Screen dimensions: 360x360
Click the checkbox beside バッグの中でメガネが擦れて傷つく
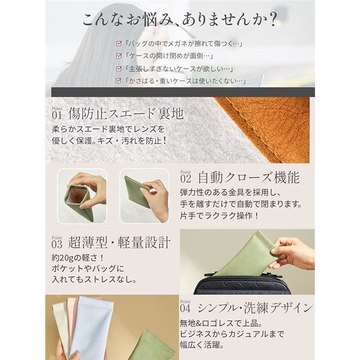[x=118, y=43]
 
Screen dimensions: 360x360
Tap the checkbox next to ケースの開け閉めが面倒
[x=118, y=56]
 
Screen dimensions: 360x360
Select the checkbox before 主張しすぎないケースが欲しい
[x=118, y=68]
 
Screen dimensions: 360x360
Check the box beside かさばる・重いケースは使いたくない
[x=118, y=81]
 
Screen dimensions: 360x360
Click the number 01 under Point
[x=57, y=115]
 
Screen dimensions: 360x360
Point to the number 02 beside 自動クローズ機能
[x=185, y=179]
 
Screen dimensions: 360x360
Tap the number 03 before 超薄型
[x=57, y=244]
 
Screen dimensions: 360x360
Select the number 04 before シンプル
[x=185, y=308]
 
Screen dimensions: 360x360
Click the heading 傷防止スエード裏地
[x=126, y=113]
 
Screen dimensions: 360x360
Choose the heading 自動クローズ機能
[x=249, y=177]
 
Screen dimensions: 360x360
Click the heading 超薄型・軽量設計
[x=119, y=242]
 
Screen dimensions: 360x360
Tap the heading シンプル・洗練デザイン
[x=255, y=307]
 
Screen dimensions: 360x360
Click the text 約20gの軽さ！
[x=78, y=258]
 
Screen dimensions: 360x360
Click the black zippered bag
[x=242, y=283]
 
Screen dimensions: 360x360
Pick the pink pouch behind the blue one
[x=71, y=321]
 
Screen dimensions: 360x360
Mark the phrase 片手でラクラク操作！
[x=219, y=215]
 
